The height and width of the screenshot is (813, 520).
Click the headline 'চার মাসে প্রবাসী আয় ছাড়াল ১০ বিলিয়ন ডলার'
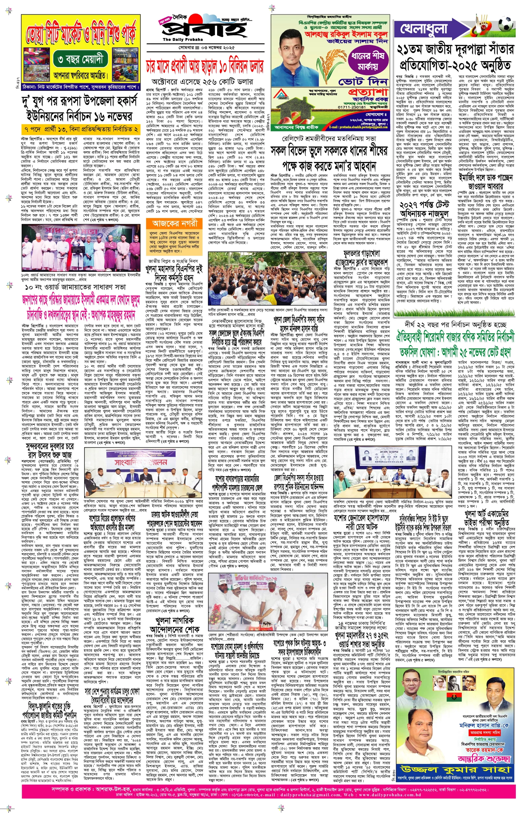coord(204,66)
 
